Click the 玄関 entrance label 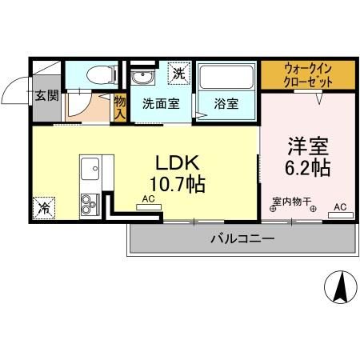[x=46, y=97]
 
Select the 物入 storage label [x=120, y=106]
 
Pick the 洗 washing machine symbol [x=179, y=73]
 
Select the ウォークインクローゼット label [x=308, y=74]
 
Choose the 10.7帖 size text [x=178, y=185]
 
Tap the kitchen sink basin [x=90, y=170]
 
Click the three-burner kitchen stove [x=89, y=204]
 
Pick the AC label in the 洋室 [x=340, y=206]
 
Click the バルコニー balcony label [x=242, y=238]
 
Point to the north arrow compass [x=341, y=286]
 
